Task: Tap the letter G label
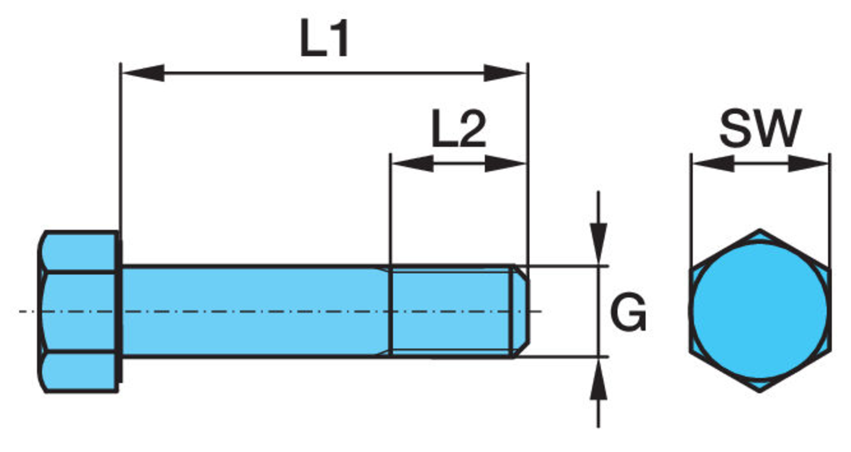(x=629, y=314)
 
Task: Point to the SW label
(x=760, y=128)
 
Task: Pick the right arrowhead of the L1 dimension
(x=505, y=73)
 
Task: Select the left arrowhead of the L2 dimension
(x=412, y=164)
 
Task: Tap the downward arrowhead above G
(x=598, y=244)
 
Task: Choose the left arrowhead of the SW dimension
(x=713, y=164)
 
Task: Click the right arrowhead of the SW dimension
(x=808, y=164)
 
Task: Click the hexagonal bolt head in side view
(x=79, y=311)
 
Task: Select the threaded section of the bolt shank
(x=451, y=311)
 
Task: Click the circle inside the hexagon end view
(x=760, y=311)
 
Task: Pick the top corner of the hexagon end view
(x=760, y=231)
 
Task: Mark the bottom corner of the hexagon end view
(x=760, y=390)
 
